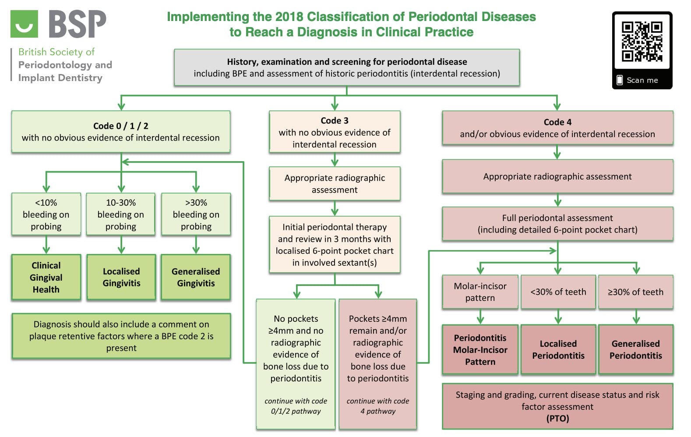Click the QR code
(x=642, y=42)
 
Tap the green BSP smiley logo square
(x=24, y=24)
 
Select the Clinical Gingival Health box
(x=46, y=277)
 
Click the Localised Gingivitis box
(x=121, y=277)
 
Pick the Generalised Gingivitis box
(x=196, y=277)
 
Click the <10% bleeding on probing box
(x=46, y=215)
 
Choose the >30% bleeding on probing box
(x=196, y=215)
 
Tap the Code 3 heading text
(x=335, y=120)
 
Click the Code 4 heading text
(x=557, y=122)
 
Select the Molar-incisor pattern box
(x=480, y=292)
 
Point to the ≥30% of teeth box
(x=635, y=292)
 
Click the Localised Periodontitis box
(x=558, y=349)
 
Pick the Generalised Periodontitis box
(x=635, y=349)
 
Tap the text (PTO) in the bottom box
(x=557, y=419)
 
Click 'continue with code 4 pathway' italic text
(x=377, y=406)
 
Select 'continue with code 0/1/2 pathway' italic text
(x=296, y=406)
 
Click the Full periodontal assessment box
(x=557, y=224)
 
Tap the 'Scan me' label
(x=642, y=80)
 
